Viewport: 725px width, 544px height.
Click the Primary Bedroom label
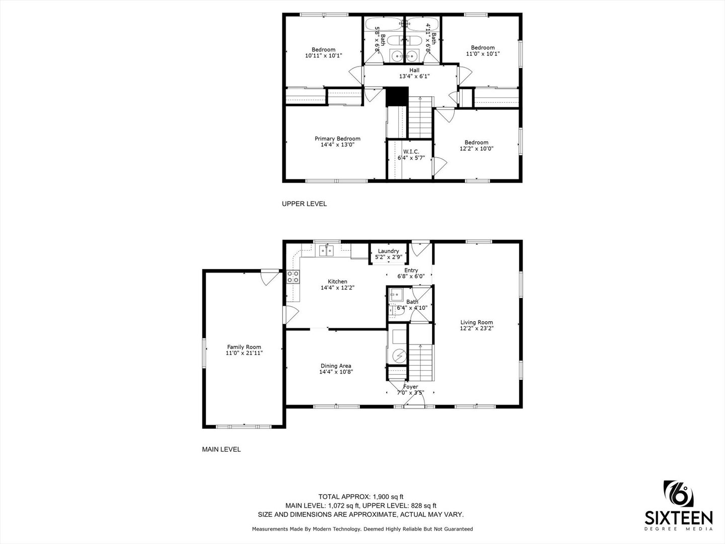337,139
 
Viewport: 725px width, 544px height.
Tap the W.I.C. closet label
411,152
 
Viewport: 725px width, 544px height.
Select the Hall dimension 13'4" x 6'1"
414,77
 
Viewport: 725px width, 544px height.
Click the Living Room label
476,322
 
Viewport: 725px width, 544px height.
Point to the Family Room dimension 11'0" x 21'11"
244,353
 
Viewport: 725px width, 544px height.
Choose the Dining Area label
336,366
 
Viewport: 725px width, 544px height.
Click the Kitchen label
337,282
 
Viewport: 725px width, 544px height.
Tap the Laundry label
388,251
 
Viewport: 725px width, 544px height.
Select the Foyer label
410,387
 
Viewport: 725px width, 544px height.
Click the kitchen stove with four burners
293,276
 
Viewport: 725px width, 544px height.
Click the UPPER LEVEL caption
304,204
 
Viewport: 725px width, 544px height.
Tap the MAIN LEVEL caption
221,449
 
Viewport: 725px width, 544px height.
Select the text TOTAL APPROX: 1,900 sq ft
360,496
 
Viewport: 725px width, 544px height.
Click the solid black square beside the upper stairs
396,97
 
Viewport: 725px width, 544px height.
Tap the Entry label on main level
411,270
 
